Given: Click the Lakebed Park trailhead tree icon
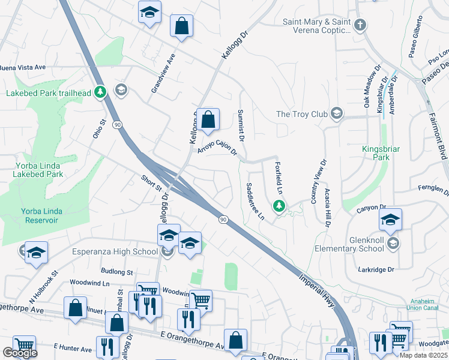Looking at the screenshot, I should [x=101, y=93].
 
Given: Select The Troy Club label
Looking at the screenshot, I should [x=301, y=114].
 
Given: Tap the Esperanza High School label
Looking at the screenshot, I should [x=115, y=251].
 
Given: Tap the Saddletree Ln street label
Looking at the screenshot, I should [x=255, y=201].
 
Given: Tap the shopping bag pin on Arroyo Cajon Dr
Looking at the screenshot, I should [x=208, y=120].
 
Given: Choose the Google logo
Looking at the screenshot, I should [x=20, y=353].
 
